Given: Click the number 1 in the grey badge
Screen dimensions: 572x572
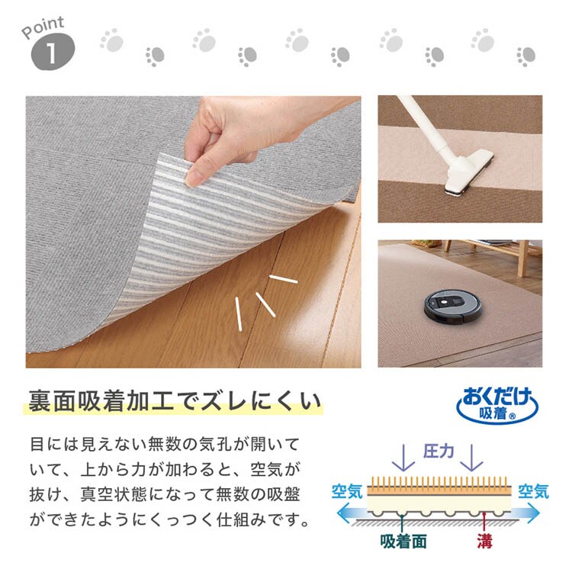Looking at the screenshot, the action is [51, 53].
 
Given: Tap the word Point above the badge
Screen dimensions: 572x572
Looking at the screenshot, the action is [43, 27].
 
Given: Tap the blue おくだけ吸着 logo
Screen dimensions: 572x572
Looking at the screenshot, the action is [496, 405].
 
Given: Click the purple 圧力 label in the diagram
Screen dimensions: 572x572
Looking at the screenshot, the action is [438, 451].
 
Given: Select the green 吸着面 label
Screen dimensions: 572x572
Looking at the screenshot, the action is [403, 541].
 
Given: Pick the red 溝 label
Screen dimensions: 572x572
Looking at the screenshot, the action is [485, 541].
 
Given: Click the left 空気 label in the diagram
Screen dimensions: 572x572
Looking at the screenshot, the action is [346, 491].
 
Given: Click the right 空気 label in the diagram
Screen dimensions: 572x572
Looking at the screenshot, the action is [533, 491].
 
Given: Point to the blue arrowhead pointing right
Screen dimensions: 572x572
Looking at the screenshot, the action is [532, 513].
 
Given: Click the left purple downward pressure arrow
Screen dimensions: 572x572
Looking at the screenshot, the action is [403, 458].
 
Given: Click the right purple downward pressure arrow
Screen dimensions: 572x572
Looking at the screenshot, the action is [471, 458].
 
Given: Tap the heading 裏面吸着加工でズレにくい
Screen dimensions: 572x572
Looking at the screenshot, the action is [175, 401].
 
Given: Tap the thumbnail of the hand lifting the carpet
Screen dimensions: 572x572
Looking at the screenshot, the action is [194, 232].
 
